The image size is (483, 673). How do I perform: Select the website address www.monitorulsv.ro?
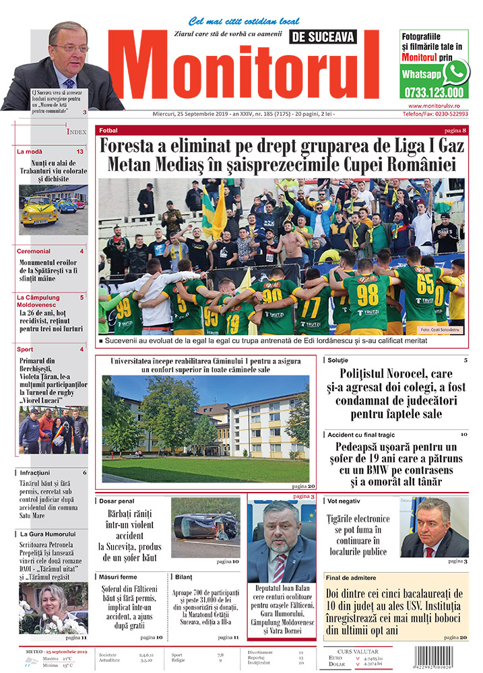point(439,106)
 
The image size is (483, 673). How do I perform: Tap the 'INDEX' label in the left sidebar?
point(76,132)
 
